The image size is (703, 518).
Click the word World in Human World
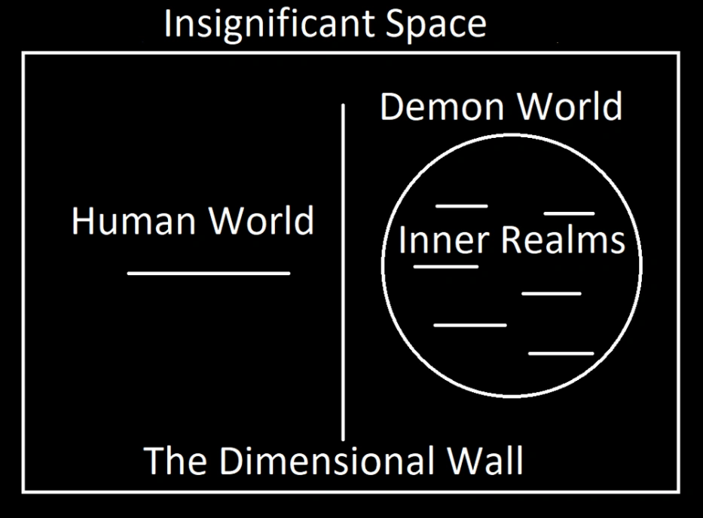pos(261,221)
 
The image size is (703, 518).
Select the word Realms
pos(563,241)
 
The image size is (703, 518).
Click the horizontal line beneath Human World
pos(209,273)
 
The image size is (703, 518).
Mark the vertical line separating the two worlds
pos(344,271)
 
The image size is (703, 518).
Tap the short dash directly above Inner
pos(462,206)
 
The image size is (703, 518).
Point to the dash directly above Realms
pos(570,213)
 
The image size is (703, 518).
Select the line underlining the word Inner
pos(446,266)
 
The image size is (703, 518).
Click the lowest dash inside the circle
pos(561,353)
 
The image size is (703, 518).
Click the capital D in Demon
pos(393,107)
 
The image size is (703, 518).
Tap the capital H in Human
pos(82,221)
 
